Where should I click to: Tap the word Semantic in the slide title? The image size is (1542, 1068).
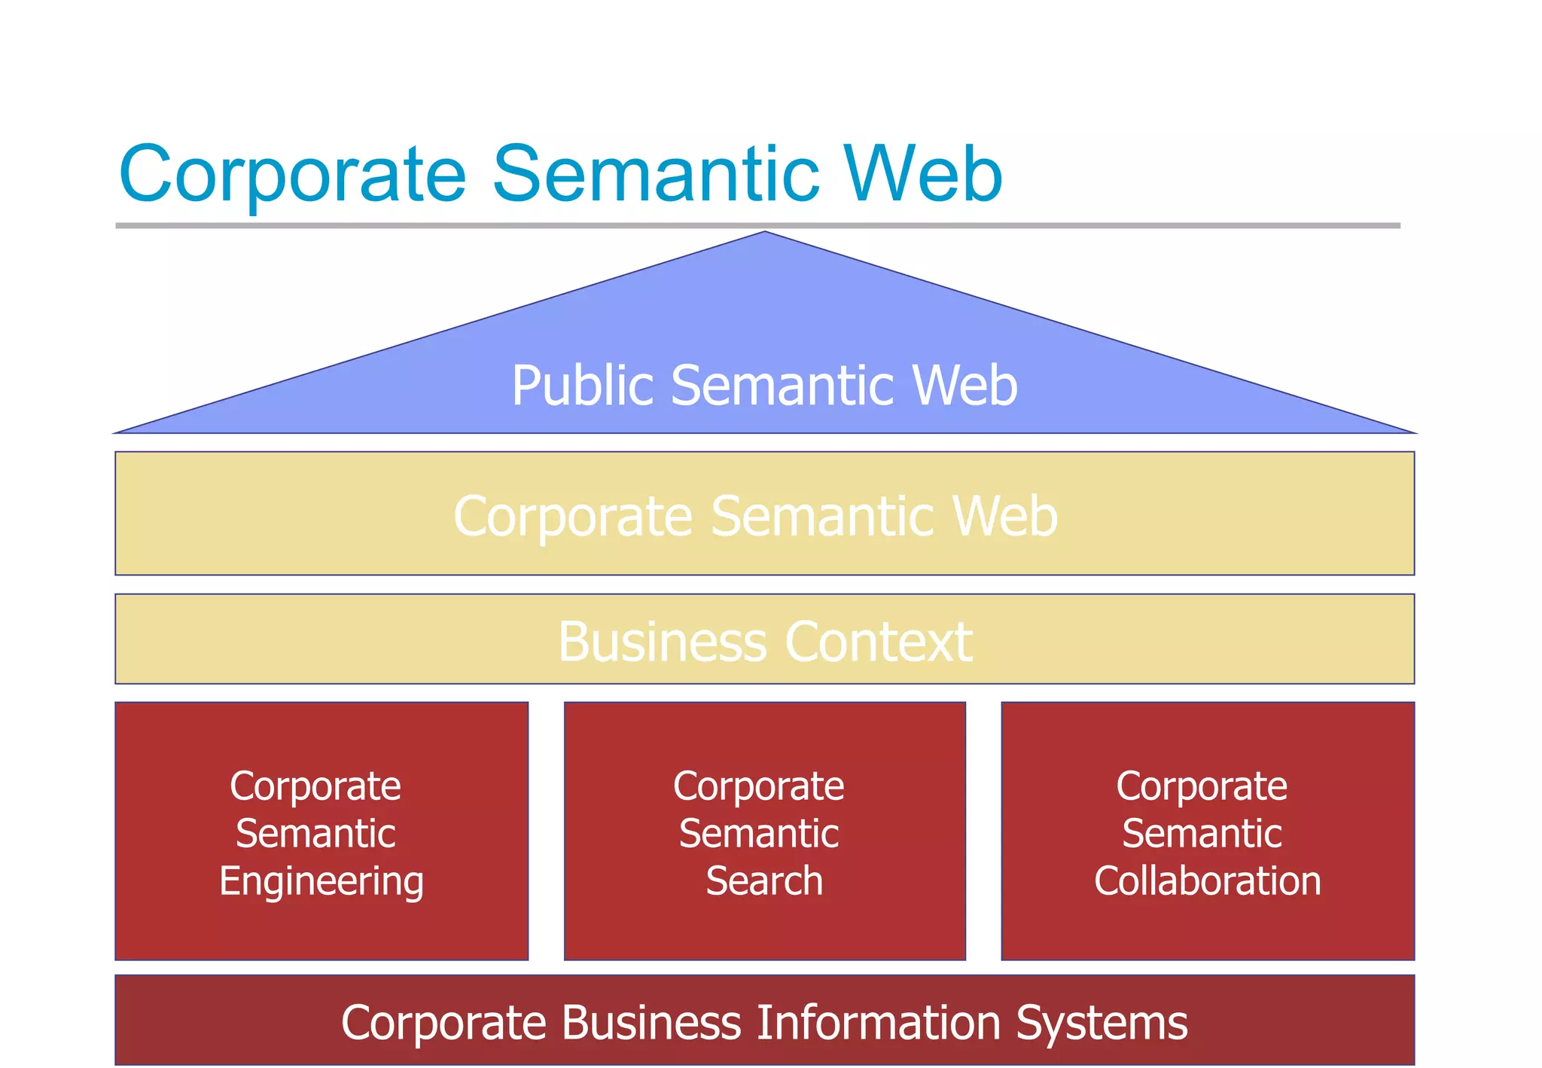coord(655,175)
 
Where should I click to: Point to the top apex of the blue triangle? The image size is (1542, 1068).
coord(764,233)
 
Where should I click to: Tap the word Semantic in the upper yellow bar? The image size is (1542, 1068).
coord(821,517)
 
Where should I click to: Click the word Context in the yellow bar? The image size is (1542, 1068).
coord(879,642)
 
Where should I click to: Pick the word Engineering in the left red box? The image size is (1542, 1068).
coord(322,882)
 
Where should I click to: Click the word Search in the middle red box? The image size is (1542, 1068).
coord(764,880)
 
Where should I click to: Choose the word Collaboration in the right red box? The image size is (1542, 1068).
coord(1207,880)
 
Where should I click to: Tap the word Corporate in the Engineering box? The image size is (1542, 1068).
coord(315,787)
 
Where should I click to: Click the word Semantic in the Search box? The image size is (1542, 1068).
coord(759,834)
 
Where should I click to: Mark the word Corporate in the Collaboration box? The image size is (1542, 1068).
coord(1202,786)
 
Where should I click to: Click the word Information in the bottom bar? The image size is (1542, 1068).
coord(878,1023)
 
